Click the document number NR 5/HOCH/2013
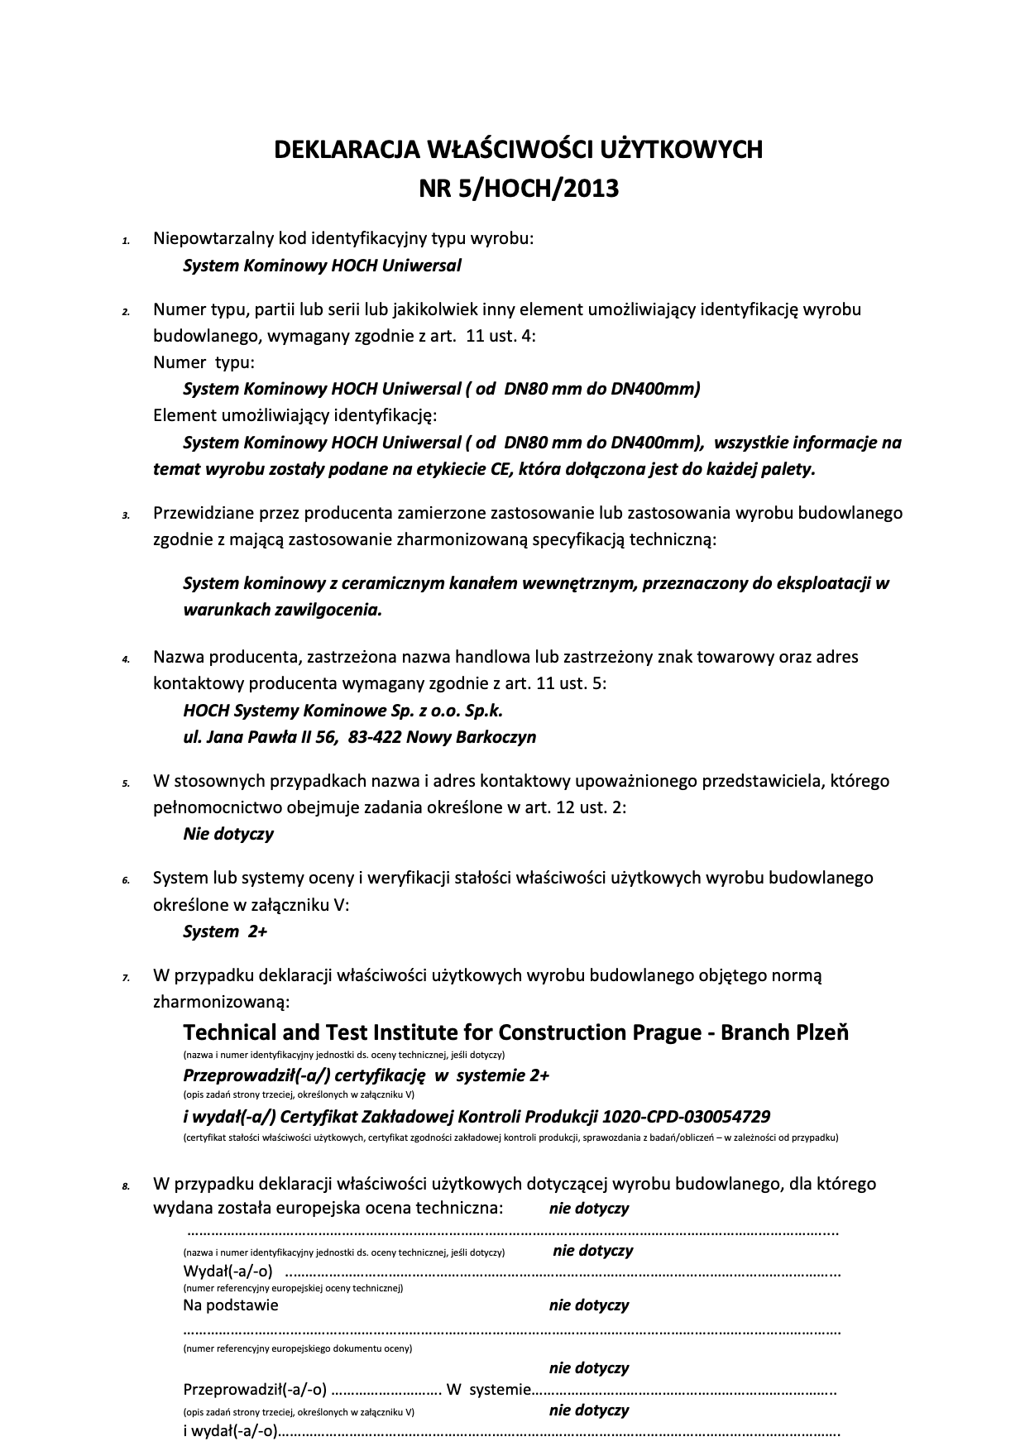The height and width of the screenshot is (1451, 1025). pyautogui.click(x=519, y=189)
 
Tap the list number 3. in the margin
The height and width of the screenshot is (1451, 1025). pyautogui.click(x=126, y=515)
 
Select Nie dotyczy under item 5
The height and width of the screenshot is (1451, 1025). pyautogui.click(x=228, y=834)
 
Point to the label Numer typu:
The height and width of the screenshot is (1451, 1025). pyautogui.click(x=204, y=362)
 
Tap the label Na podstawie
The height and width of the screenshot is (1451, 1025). pyautogui.click(x=230, y=1305)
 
